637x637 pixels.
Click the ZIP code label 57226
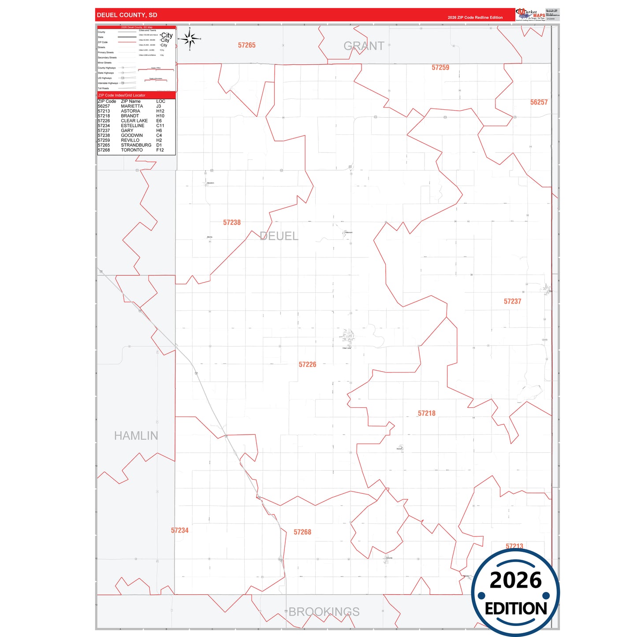click(307, 365)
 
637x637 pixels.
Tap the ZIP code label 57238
click(232, 223)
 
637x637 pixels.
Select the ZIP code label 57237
click(512, 302)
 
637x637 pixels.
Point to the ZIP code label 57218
click(426, 413)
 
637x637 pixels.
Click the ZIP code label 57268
click(302, 532)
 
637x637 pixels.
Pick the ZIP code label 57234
click(180, 530)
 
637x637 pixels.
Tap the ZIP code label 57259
click(440, 67)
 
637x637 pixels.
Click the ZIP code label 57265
click(247, 45)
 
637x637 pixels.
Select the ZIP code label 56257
click(539, 102)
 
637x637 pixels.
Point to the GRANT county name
click(364, 46)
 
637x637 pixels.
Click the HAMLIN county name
click(136, 436)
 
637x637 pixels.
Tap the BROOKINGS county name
click(324, 612)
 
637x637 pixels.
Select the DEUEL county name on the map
click(279, 236)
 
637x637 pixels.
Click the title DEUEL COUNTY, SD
click(127, 15)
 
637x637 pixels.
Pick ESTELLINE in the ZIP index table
click(132, 126)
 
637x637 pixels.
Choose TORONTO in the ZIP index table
click(132, 150)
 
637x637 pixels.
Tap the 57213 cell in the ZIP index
click(104, 111)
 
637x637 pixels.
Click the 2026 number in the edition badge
click(515, 580)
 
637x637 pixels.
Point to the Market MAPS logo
click(531, 15)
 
